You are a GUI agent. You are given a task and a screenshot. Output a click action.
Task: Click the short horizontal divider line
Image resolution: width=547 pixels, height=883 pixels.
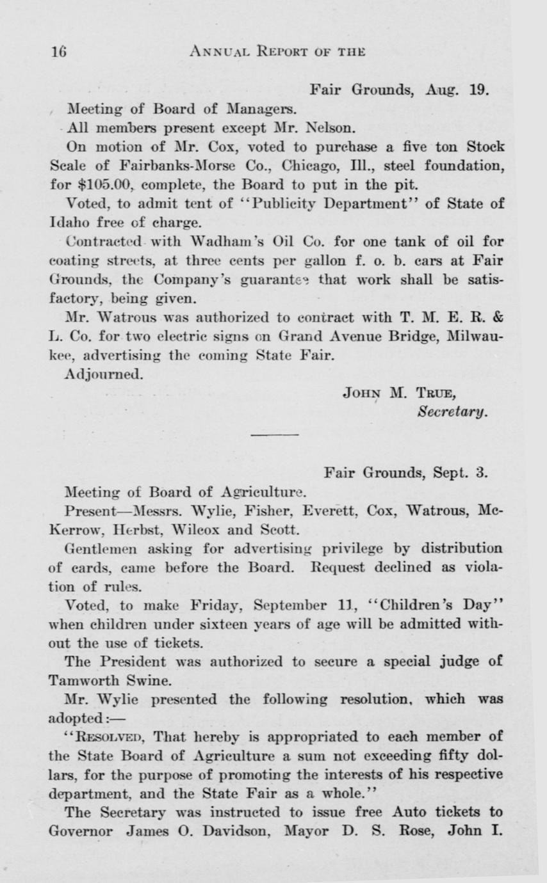[x=274, y=436]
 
